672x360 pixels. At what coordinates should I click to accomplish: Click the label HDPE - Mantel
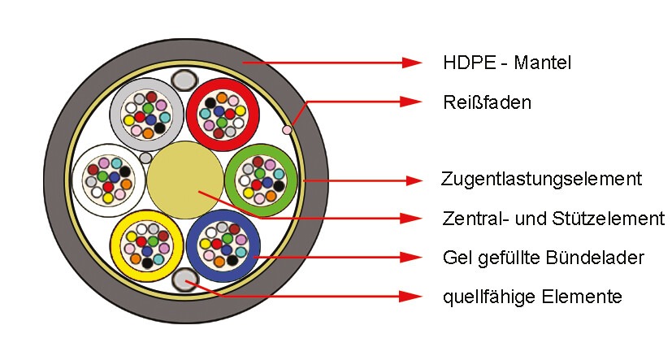(507, 63)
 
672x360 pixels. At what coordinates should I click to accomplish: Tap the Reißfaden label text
(488, 102)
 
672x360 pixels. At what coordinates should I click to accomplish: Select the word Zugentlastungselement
(541, 179)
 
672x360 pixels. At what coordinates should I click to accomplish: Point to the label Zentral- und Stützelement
(553, 218)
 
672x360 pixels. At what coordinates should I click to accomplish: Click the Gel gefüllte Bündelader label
(544, 258)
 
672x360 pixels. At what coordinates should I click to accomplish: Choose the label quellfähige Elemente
(532, 297)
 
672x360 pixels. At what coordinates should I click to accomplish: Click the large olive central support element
(185, 180)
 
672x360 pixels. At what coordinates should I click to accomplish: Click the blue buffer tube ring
(193, 245)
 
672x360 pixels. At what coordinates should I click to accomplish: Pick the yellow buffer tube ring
(116, 246)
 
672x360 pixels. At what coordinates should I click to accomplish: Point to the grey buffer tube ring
(115, 115)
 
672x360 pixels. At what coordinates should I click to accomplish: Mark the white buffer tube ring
(77, 180)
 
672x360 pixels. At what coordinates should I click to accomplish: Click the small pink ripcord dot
(287, 129)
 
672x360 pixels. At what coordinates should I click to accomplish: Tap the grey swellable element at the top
(184, 80)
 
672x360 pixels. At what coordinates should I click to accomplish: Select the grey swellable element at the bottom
(185, 280)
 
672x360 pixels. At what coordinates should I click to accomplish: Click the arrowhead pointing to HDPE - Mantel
(412, 63)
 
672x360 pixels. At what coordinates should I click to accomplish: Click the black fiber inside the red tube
(210, 103)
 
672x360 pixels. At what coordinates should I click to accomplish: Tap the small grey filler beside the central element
(145, 158)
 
